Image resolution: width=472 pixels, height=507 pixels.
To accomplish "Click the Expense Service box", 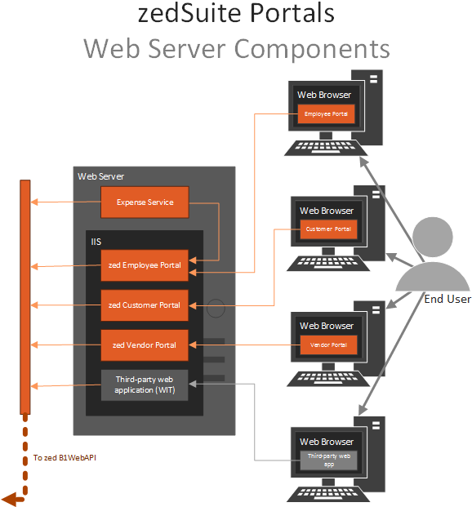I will point(145,202).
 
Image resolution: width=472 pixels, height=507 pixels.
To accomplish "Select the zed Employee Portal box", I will point(145,265).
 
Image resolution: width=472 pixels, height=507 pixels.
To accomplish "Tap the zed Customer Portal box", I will point(145,305).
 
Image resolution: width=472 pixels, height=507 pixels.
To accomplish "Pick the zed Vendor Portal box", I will point(145,345).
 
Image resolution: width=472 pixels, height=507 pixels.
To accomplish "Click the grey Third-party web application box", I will point(145,385).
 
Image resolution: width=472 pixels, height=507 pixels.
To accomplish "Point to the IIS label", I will point(96,242).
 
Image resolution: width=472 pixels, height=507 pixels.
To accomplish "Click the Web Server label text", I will point(100,176).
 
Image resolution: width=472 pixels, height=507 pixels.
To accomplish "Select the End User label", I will point(447,300).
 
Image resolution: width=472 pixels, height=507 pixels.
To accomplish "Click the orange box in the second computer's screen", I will point(328,229).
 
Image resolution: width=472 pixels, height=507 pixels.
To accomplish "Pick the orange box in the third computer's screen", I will point(328,345).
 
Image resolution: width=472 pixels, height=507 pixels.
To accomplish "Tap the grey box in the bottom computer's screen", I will point(328,460).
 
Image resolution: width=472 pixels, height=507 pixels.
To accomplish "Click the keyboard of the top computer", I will point(319,148).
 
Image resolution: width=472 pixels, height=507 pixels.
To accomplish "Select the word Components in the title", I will point(313,49).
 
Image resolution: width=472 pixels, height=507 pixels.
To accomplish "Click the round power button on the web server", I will point(216,309).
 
